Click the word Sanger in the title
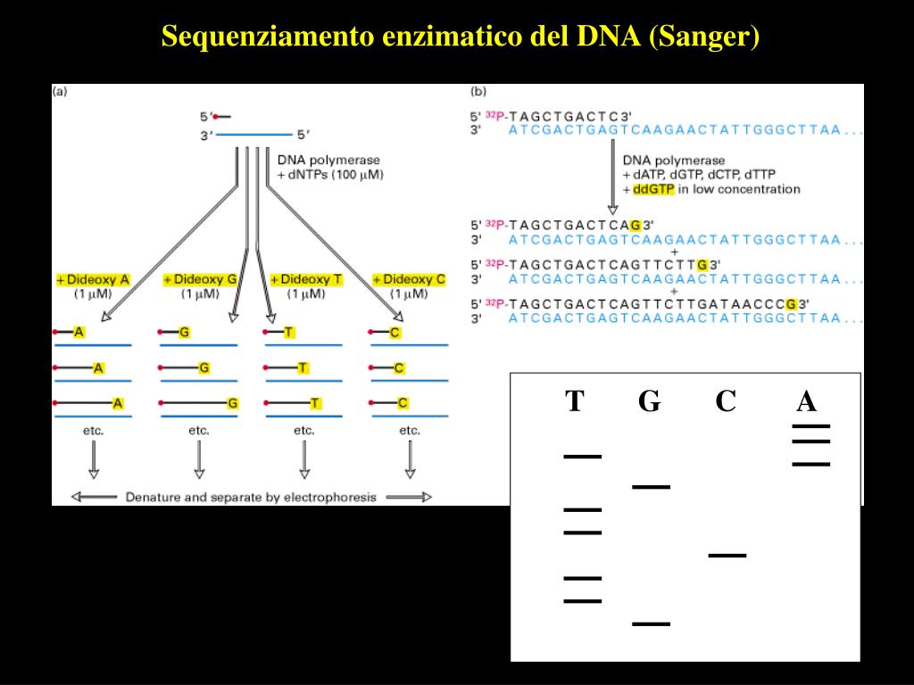click(704, 37)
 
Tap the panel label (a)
click(61, 90)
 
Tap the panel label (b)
click(478, 90)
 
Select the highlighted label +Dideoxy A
click(93, 279)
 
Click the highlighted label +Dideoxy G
click(200, 279)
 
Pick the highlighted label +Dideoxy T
click(305, 279)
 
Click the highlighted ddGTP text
click(650, 189)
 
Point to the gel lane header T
click(574, 402)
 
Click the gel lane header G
click(649, 402)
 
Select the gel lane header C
click(726, 402)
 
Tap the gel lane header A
click(806, 402)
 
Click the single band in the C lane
click(727, 556)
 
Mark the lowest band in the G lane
click(651, 623)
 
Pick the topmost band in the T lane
click(582, 457)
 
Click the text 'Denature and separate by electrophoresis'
click(251, 497)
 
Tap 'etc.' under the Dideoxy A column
click(94, 430)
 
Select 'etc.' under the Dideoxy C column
click(410, 430)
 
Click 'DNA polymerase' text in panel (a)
click(316, 160)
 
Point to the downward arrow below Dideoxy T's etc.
click(304, 460)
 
